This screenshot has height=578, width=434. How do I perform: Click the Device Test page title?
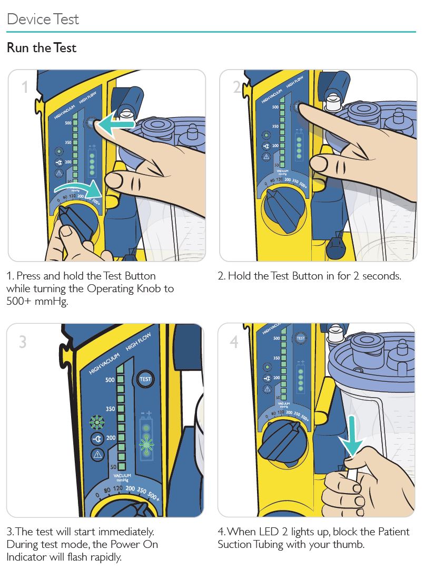43,20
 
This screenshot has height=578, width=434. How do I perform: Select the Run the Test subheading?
42,48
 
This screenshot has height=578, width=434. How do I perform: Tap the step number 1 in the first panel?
24,87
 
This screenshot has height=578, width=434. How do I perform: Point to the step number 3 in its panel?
22,342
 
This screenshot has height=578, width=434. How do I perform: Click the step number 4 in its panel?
234,342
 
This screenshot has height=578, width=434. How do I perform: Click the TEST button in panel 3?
145,379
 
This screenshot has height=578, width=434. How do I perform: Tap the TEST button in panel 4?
301,339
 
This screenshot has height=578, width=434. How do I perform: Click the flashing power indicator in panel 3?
96,422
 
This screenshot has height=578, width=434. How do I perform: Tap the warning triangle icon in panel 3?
96,454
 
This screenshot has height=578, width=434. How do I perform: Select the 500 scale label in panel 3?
110,380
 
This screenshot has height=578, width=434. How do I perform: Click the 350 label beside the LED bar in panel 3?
110,409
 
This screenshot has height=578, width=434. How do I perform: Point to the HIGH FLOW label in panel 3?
138,343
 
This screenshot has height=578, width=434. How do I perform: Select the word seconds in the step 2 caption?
379,276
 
